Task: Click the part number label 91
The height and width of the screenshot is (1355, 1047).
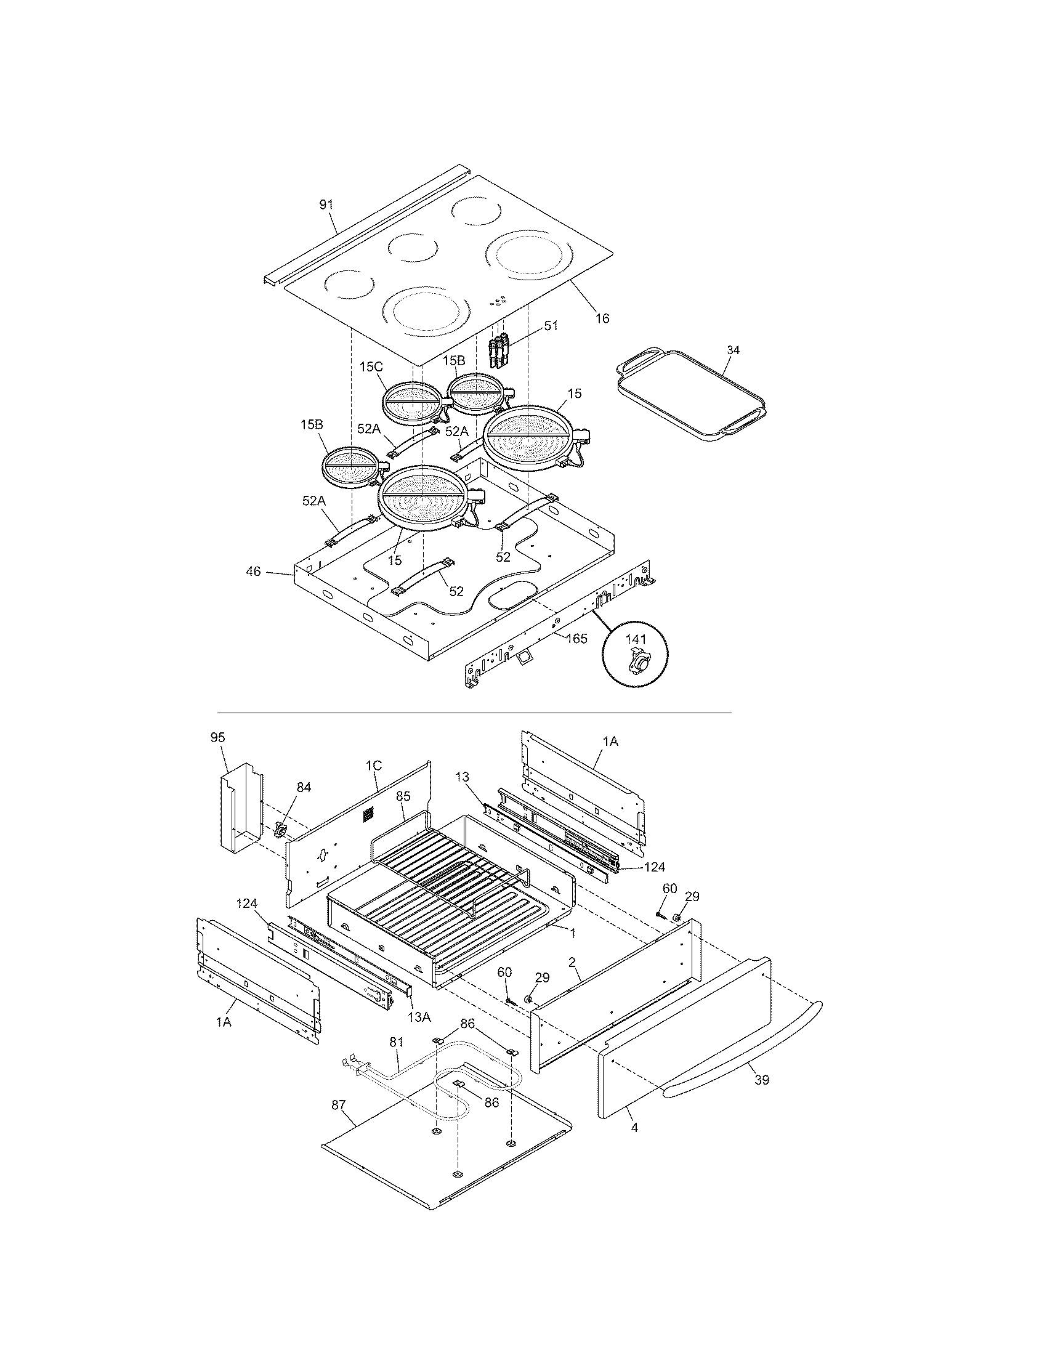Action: tap(326, 204)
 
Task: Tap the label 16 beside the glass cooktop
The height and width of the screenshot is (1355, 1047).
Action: tap(602, 318)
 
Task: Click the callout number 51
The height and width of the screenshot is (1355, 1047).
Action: tap(551, 325)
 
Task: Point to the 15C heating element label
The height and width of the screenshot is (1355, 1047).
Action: tap(371, 366)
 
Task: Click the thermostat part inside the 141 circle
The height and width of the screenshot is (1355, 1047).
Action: tap(637, 664)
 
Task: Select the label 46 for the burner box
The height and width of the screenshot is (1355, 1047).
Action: tap(253, 572)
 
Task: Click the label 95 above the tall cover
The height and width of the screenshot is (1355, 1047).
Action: tap(217, 737)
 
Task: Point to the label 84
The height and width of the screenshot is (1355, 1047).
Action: tap(303, 787)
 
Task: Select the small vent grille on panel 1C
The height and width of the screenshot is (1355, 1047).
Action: tap(369, 814)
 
